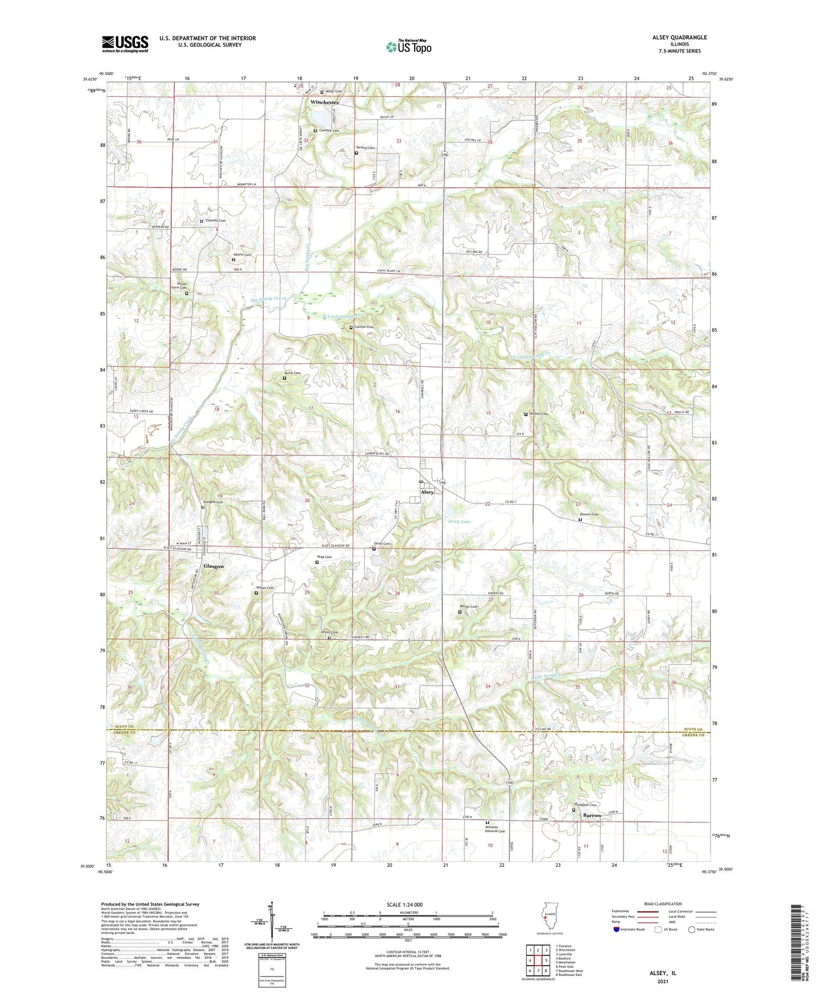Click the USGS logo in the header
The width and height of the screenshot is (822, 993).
point(125,43)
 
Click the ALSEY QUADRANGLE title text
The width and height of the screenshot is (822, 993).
point(679,38)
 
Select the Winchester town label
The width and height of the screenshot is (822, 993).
point(325,102)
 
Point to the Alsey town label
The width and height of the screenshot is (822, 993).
point(427,492)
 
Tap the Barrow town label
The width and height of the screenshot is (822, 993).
point(592,816)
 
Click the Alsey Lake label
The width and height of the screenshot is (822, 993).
point(459,522)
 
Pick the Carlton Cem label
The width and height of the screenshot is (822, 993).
point(364,327)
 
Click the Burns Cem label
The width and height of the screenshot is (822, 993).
point(292,373)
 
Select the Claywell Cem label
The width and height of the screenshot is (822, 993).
point(215,221)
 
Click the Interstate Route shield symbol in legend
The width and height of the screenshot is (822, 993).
point(617,929)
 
